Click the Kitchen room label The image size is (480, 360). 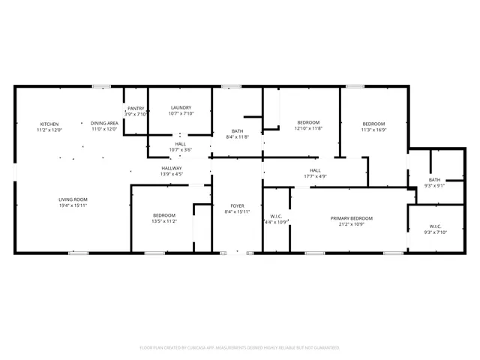pyautogui.click(x=49, y=123)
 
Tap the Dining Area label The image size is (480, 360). pyautogui.click(x=104, y=123)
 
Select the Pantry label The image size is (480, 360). pyautogui.click(x=136, y=108)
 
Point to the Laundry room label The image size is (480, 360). pyautogui.click(x=181, y=108)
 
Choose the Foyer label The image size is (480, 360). pyautogui.click(x=237, y=205)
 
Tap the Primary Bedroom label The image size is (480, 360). pyautogui.click(x=352, y=218)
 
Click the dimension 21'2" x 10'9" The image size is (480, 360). pyautogui.click(x=352, y=224)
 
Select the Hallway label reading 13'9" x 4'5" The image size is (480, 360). pyautogui.click(x=171, y=168)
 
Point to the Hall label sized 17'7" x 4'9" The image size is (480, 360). pyautogui.click(x=315, y=170)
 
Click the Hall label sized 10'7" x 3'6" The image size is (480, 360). pyautogui.click(x=181, y=143)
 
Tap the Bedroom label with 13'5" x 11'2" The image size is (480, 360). pyautogui.click(x=163, y=215)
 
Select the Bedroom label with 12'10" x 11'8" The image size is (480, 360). pyautogui.click(x=308, y=122)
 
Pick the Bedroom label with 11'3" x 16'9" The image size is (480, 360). pyautogui.click(x=373, y=124)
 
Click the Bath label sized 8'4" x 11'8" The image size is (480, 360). pyautogui.click(x=237, y=131)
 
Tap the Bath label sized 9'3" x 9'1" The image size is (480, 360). pyautogui.click(x=434, y=180)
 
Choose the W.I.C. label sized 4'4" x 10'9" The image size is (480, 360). pyautogui.click(x=276, y=217)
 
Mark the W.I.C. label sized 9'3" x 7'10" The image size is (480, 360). pyautogui.click(x=435, y=226)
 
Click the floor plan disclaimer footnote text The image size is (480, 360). pyautogui.click(x=240, y=348)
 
